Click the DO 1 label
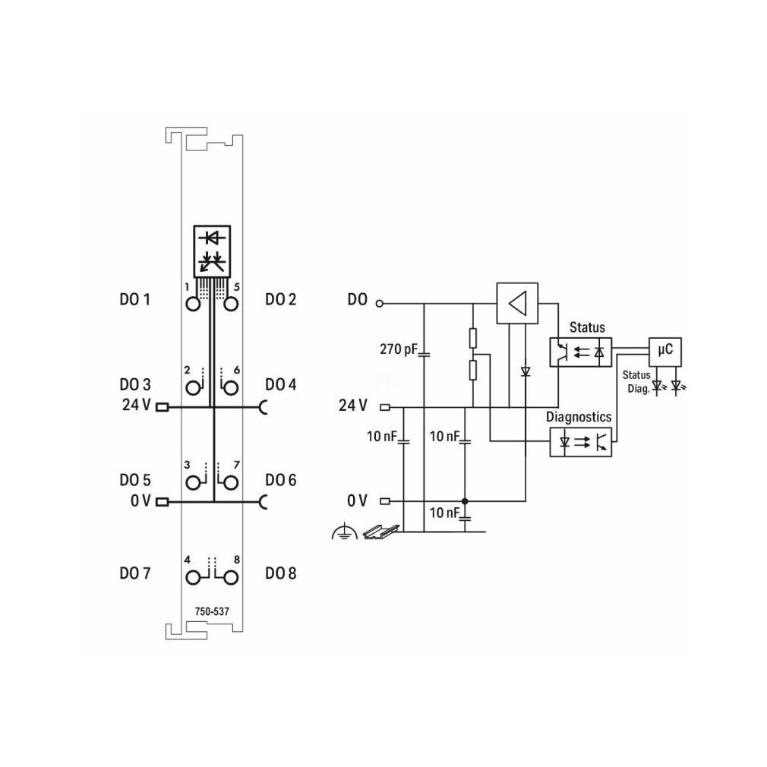pos(134,299)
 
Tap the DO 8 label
pos(281,573)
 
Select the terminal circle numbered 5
pos(231,305)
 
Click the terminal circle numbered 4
pos(193,578)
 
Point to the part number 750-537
pos(212,611)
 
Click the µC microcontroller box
pos(664,352)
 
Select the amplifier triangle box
pos(517,303)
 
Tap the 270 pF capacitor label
pos(399,349)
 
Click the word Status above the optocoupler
pos(587,327)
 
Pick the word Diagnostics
pos(579,417)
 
